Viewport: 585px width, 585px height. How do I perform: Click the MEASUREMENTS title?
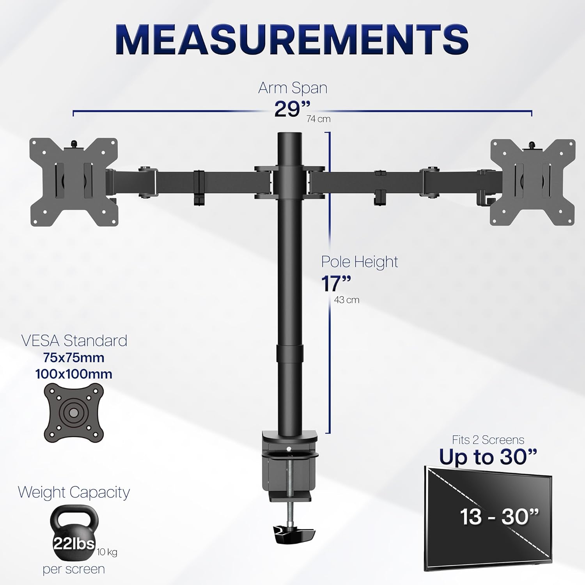pyautogui.click(x=292, y=41)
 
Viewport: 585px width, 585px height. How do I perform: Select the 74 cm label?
pyautogui.click(x=319, y=119)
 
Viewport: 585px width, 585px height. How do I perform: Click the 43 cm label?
pyautogui.click(x=347, y=300)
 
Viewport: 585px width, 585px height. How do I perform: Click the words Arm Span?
pyautogui.click(x=292, y=88)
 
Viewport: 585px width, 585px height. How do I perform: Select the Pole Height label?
pyautogui.click(x=360, y=262)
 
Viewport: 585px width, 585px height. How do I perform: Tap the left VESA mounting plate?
pyautogui.click(x=73, y=182)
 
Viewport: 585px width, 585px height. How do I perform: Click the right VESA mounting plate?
pyautogui.click(x=533, y=182)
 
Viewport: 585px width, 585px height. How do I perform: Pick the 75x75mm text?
pyautogui.click(x=74, y=358)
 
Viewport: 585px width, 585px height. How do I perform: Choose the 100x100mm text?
pyautogui.click(x=74, y=374)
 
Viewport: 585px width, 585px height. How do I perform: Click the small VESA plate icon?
pyautogui.click(x=74, y=412)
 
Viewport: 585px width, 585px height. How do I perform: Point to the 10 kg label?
pyautogui.click(x=107, y=552)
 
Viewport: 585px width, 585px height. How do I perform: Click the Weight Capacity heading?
pyautogui.click(x=74, y=493)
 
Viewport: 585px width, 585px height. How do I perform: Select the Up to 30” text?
pyautogui.click(x=488, y=457)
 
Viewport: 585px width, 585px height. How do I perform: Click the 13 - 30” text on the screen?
pyautogui.click(x=500, y=517)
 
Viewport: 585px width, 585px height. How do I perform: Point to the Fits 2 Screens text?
pyautogui.click(x=488, y=440)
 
